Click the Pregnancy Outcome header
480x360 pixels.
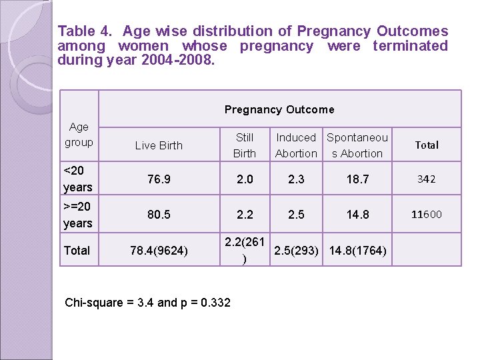pyautogui.click(x=279, y=109)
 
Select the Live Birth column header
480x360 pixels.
pyautogui.click(x=159, y=145)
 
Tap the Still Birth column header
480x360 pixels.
pyautogui.click(x=245, y=145)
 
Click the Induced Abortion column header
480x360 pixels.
pyautogui.click(x=296, y=145)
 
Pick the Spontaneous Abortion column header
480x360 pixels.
pyautogui.click(x=357, y=145)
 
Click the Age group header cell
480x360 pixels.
pyautogui.click(x=79, y=135)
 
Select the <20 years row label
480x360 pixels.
pyautogui.click(x=77, y=179)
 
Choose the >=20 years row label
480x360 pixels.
pyautogui.click(x=77, y=215)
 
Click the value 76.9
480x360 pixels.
pyautogui.click(x=159, y=179)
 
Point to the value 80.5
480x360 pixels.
pyautogui.click(x=159, y=215)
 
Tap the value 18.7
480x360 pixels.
pyautogui.click(x=357, y=179)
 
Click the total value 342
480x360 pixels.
pyautogui.click(x=426, y=179)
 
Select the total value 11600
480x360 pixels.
pyautogui.click(x=426, y=215)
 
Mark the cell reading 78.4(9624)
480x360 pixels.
pyautogui.click(x=159, y=251)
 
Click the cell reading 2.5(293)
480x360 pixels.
pyautogui.click(x=296, y=251)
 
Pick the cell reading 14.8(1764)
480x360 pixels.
pyautogui.click(x=357, y=251)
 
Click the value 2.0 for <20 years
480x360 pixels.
pyautogui.click(x=245, y=179)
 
